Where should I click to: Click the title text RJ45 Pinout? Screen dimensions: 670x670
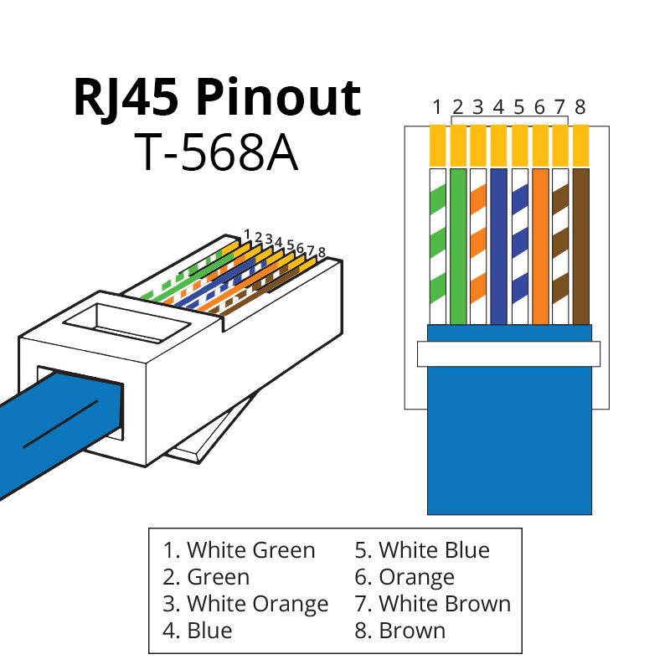click(x=218, y=99)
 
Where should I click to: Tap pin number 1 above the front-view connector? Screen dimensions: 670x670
click(x=437, y=107)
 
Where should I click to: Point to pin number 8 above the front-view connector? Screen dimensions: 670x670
click(x=580, y=107)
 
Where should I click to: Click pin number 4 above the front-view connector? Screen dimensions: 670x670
click(x=498, y=107)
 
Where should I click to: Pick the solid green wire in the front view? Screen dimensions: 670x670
click(x=457, y=246)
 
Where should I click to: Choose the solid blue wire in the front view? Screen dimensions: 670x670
click(x=498, y=246)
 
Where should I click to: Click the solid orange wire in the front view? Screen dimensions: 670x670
click(x=539, y=246)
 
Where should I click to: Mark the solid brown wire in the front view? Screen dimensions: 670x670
click(x=580, y=246)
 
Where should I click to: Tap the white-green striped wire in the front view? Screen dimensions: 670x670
click(x=437, y=246)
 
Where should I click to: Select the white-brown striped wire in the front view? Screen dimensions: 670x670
click(x=559, y=246)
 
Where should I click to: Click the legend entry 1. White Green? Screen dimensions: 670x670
click(x=240, y=550)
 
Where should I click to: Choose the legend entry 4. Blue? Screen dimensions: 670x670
click(x=198, y=629)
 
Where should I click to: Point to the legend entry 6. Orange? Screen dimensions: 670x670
click(x=405, y=577)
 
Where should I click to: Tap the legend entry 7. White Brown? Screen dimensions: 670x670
click(x=432, y=603)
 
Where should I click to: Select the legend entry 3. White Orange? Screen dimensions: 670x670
click(x=245, y=603)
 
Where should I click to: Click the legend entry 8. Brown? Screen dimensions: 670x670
click(x=399, y=629)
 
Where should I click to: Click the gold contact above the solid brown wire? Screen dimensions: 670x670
click(x=580, y=145)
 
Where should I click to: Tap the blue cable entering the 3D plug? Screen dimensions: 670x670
click(x=50, y=427)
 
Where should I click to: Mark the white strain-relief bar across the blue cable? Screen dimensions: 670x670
click(x=508, y=353)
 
